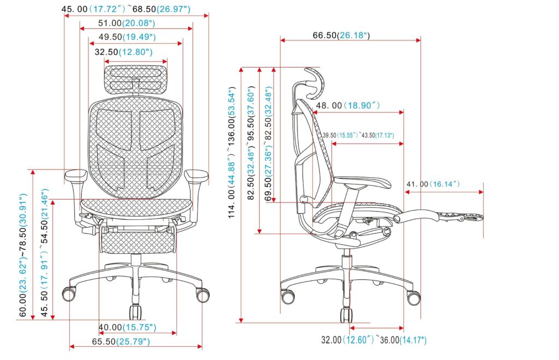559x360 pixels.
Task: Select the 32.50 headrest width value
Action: point(123,52)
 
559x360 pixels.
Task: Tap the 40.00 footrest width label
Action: point(127,327)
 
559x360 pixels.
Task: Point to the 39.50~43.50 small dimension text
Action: point(358,135)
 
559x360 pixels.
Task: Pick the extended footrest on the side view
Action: point(437,217)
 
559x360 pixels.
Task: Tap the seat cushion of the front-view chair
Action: point(136,206)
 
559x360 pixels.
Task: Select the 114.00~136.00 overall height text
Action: point(232,153)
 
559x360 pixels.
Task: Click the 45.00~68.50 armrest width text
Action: point(126,9)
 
